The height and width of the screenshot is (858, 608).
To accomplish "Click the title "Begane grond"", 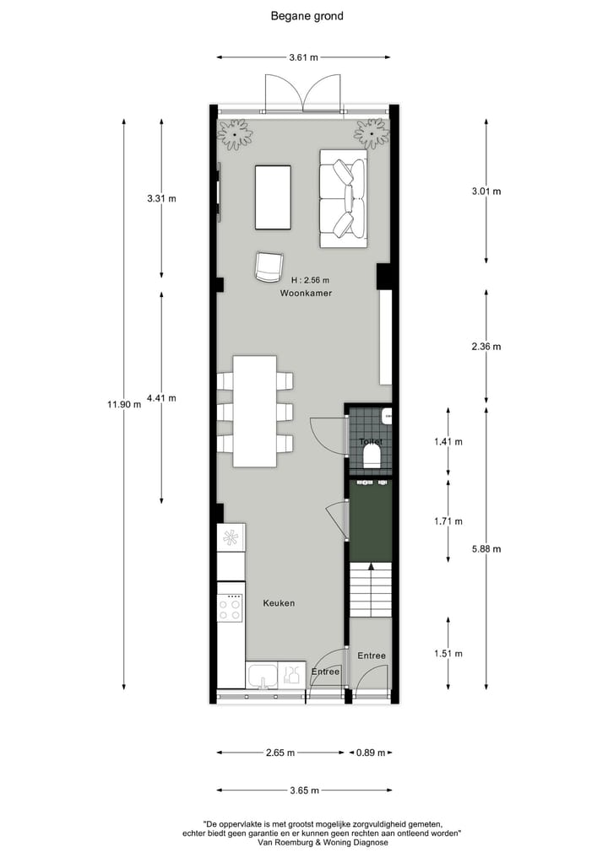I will (307, 15).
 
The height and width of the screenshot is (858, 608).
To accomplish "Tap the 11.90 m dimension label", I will (123, 404).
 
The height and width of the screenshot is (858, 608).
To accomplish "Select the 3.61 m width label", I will (304, 58).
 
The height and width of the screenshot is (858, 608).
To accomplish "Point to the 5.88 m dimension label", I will (486, 548).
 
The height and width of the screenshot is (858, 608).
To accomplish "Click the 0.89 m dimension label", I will (371, 753).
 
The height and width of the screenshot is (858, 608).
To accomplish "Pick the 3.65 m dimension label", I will (304, 791).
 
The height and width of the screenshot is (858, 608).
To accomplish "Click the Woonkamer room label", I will (306, 294).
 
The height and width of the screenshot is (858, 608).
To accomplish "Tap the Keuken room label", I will (279, 603).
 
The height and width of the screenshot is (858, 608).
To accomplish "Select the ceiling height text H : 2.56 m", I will (309, 280).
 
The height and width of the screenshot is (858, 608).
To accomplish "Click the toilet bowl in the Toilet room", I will (371, 457).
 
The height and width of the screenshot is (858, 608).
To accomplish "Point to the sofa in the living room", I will (343, 199).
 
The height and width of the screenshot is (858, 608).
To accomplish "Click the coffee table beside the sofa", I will (273, 197).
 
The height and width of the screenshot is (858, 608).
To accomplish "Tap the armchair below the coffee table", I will (269, 267).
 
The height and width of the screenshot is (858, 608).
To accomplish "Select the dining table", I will (255, 411).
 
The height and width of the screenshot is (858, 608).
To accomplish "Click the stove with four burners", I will (231, 607).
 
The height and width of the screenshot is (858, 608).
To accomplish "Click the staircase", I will (371, 587).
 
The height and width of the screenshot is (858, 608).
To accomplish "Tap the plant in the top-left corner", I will (235, 133).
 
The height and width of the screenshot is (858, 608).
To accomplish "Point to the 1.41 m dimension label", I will (448, 441).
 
